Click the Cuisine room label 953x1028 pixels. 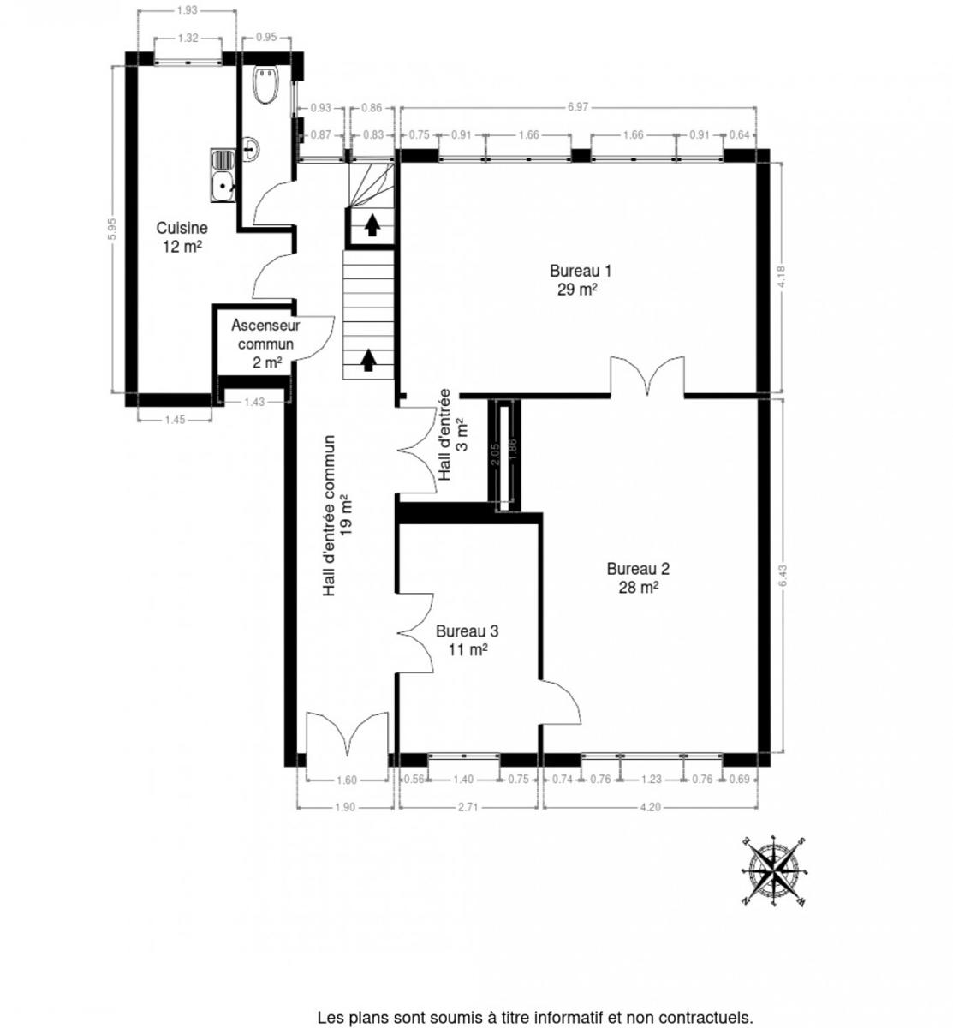[x=182, y=237]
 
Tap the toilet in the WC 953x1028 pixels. [x=266, y=84]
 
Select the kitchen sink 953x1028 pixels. [x=223, y=175]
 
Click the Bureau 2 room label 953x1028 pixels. [x=638, y=577]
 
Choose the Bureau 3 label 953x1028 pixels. [x=468, y=640]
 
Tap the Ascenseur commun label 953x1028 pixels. [x=265, y=344]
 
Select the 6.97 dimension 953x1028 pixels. [x=578, y=107]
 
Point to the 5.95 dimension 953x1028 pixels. [x=112, y=229]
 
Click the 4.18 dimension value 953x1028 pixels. [x=781, y=277]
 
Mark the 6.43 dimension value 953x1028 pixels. [x=783, y=575]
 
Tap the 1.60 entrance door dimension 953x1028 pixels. [x=347, y=780]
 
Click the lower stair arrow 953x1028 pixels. [x=367, y=361]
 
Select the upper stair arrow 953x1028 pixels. [x=372, y=225]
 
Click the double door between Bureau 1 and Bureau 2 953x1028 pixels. [x=648, y=376]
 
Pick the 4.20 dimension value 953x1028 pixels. [x=651, y=807]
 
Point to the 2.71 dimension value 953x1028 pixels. [x=468, y=807]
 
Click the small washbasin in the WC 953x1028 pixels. [x=251, y=149]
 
